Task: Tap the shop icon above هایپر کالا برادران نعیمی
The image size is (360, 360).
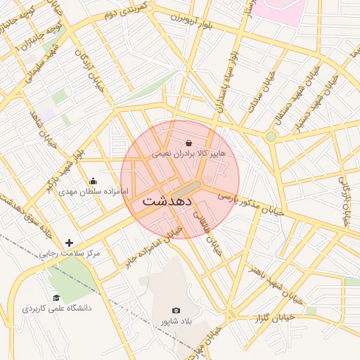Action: click(188, 143)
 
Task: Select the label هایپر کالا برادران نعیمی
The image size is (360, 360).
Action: click(188, 153)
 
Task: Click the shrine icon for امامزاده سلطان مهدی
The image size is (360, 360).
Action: click(94, 181)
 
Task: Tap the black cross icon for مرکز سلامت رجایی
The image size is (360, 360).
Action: click(69, 243)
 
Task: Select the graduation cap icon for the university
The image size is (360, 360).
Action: click(56, 298)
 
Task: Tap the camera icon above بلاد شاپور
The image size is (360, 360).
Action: click(176, 310)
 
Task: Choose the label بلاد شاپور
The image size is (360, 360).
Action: click(176, 321)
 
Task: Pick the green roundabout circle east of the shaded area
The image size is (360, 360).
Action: click(271, 136)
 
